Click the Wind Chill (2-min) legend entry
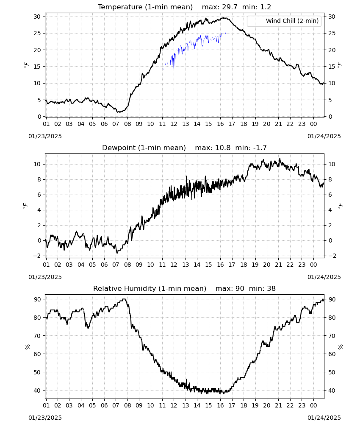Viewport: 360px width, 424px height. (x=284, y=21)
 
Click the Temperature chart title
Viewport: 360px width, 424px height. (x=145, y=7)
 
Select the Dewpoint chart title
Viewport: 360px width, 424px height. (x=144, y=148)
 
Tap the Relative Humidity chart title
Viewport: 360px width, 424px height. (x=150, y=288)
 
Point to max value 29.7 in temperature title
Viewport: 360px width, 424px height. (x=230, y=7)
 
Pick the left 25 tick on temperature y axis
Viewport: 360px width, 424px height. (x=37, y=33)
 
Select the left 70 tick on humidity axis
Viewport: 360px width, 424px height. (x=37, y=336)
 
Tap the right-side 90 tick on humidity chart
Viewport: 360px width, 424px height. (x=332, y=299)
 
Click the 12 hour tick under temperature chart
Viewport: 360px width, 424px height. (x=174, y=124)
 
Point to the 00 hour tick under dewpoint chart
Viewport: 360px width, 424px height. (x=313, y=265)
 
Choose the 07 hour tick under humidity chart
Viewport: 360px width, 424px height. (x=116, y=405)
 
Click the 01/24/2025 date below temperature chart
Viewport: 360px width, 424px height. (x=324, y=136)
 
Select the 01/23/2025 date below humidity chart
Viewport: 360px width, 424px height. (x=45, y=418)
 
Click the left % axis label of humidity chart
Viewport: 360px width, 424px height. (x=27, y=347)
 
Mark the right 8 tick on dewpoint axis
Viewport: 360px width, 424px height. (x=330, y=179)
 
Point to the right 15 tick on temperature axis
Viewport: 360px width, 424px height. (x=332, y=67)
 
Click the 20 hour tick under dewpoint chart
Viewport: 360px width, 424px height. (x=267, y=265)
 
